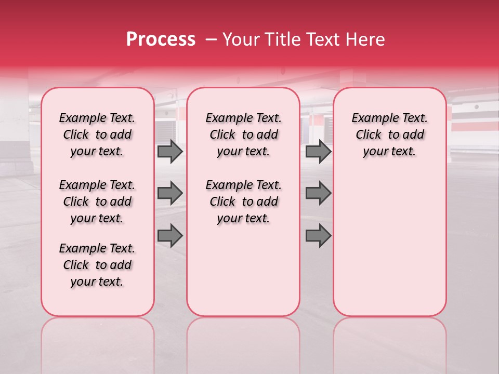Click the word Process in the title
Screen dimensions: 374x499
coord(161,39)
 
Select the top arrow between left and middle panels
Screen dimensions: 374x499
coord(170,151)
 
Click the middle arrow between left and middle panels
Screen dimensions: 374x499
coord(170,193)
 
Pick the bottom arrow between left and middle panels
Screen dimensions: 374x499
coord(170,235)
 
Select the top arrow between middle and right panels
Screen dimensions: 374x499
coord(318,151)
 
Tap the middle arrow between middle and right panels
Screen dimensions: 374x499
coord(318,193)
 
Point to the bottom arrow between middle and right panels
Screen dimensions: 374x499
coord(318,235)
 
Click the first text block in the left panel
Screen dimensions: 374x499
coord(97,135)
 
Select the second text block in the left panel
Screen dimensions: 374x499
coord(97,202)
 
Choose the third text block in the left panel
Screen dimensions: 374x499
coord(97,265)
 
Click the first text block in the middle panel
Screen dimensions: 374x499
coord(243,135)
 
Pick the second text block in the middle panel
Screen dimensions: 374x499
coord(243,202)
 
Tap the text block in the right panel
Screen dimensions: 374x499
coord(389,135)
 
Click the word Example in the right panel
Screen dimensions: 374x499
coord(373,118)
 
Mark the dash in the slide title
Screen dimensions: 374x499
coord(211,39)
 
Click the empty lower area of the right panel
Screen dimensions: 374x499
coord(389,249)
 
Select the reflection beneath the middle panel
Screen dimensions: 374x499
coord(243,343)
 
